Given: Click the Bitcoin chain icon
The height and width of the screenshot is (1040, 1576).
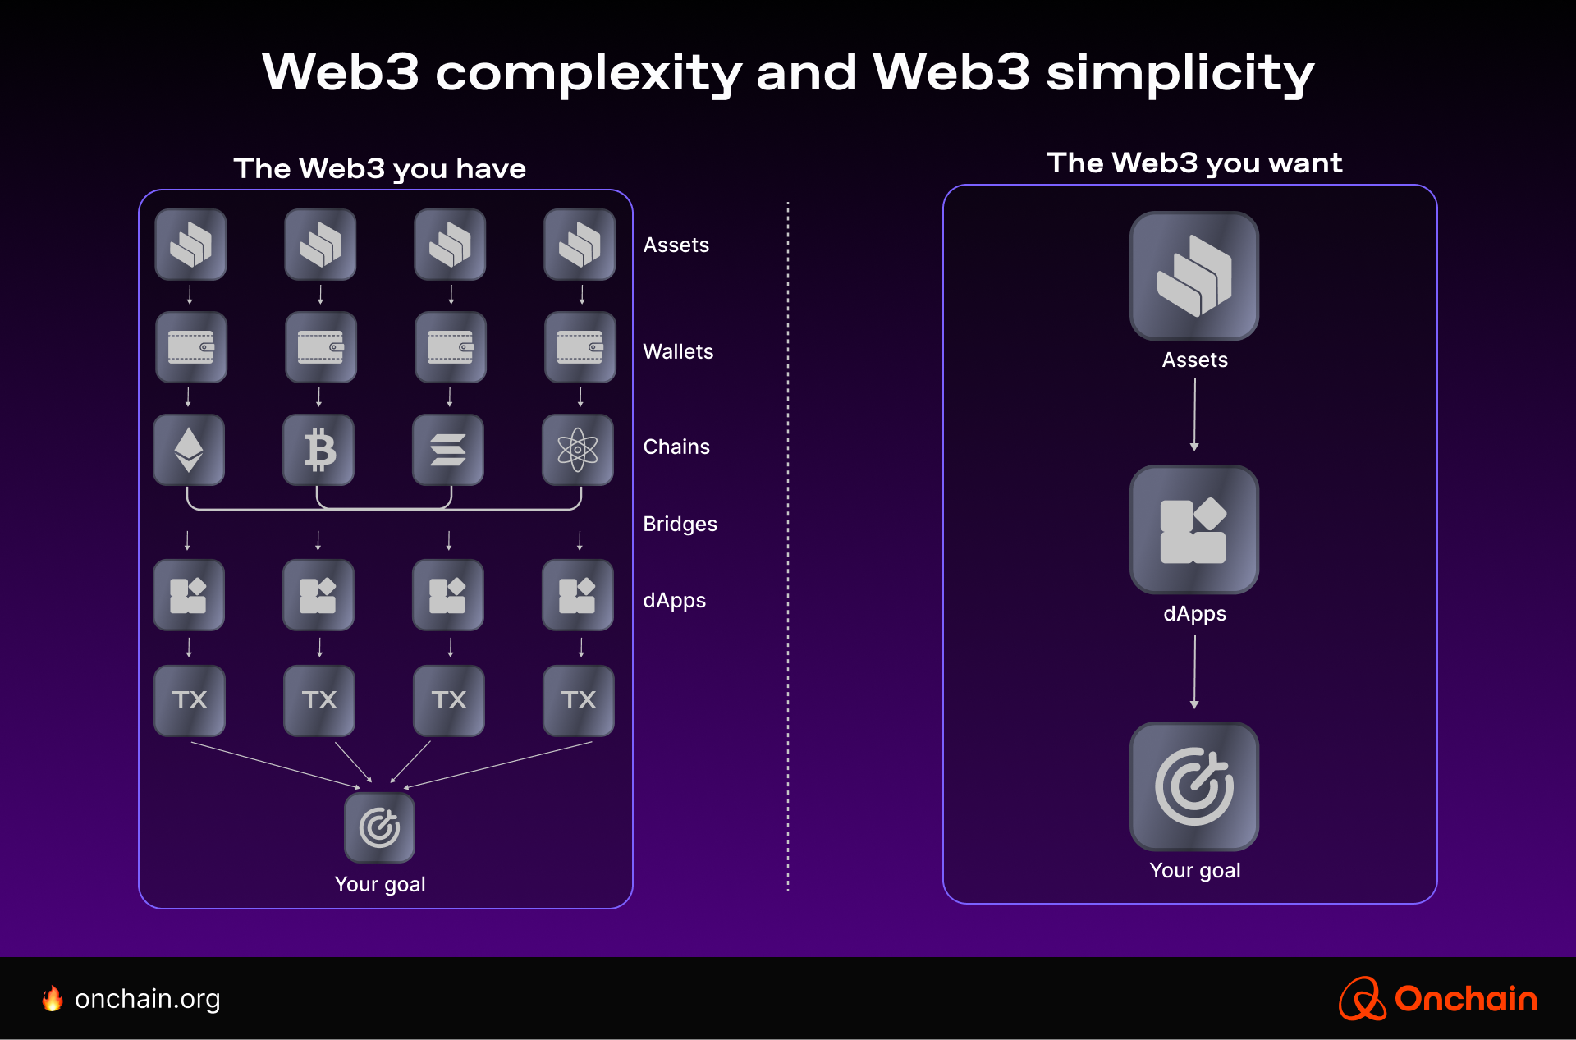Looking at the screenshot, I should pyautogui.click(x=318, y=450).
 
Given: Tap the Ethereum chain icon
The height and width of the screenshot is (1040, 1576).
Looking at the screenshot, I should pyautogui.click(x=189, y=450).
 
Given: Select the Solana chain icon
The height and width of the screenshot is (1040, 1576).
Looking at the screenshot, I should pyautogui.click(x=448, y=450).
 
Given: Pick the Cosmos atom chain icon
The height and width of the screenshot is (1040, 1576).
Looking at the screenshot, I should pyautogui.click(x=578, y=450).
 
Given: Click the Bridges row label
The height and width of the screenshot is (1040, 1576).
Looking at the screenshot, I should pyautogui.click(x=680, y=524).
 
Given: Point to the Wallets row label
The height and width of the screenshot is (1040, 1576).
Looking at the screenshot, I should pyautogui.click(x=678, y=351).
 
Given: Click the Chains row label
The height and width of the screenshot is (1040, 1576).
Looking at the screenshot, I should pyautogui.click(x=676, y=447).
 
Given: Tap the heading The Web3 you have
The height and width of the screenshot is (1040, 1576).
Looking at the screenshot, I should pyautogui.click(x=379, y=169).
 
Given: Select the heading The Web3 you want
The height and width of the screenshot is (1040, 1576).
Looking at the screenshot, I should pyautogui.click(x=1194, y=163).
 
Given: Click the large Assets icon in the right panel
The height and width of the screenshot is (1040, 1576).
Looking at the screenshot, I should pyautogui.click(x=1194, y=276).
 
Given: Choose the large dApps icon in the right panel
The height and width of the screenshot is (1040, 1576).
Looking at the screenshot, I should pyautogui.click(x=1194, y=529).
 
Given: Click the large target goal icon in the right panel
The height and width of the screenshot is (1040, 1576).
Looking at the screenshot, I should pyautogui.click(x=1194, y=786).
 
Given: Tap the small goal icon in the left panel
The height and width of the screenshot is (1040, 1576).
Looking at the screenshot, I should pyautogui.click(x=379, y=827).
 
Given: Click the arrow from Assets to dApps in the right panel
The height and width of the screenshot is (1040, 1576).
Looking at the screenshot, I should pyautogui.click(x=1194, y=414).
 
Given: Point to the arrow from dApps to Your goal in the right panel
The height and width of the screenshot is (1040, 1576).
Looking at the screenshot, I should pyautogui.click(x=1194, y=671).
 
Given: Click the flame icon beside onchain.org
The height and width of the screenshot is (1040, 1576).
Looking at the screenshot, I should pyautogui.click(x=53, y=999).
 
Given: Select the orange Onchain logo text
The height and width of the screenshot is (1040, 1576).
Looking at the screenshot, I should pyautogui.click(x=1465, y=999).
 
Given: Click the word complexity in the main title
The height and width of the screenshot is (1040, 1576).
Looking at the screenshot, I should pyautogui.click(x=589, y=72).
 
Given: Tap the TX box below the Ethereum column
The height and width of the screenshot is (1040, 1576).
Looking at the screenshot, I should pyautogui.click(x=190, y=700).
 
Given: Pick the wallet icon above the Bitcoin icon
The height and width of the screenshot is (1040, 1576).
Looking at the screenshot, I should pyautogui.click(x=320, y=347).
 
